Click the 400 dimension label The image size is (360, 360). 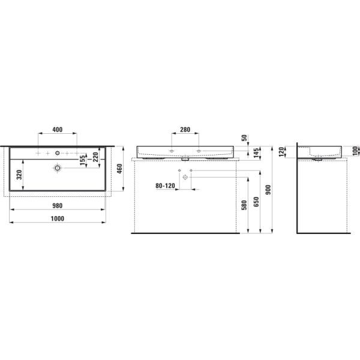(x=58, y=130)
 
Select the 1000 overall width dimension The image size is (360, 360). (x=58, y=219)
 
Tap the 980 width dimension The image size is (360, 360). (x=58, y=205)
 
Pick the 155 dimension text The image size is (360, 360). (x=82, y=160)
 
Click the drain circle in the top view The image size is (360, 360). (x=58, y=169)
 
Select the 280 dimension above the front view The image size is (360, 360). (x=184, y=130)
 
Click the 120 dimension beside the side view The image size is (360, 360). (x=280, y=152)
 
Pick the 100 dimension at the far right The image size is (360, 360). (x=355, y=149)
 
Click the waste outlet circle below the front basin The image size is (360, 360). (x=185, y=178)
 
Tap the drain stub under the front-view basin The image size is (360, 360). (x=185, y=160)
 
